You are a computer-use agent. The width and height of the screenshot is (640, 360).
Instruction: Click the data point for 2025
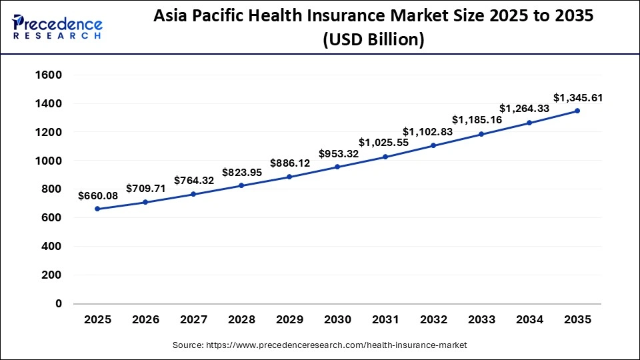pos(97,209)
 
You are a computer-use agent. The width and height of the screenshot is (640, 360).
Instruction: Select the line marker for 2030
pos(337,167)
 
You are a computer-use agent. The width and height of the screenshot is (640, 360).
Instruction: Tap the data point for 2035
pos(577,111)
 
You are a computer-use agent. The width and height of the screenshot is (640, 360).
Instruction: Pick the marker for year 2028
pos(241,185)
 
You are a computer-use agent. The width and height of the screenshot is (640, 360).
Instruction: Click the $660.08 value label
pos(97,196)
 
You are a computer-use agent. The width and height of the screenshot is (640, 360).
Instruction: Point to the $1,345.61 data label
pos(578,98)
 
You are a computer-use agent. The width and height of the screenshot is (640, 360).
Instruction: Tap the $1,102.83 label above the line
pos(427,132)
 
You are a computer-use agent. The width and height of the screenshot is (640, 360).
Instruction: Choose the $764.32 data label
pos(193,180)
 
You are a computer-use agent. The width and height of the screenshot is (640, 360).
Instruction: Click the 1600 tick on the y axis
pos(48,75)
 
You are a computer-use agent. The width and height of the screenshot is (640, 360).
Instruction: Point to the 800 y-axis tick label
pos(51,189)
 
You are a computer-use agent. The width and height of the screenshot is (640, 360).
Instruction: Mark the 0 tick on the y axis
pos(58,303)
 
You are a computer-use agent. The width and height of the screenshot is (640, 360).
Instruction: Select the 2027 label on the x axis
pos(193,320)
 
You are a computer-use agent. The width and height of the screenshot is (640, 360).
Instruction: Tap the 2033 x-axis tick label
pos(481,320)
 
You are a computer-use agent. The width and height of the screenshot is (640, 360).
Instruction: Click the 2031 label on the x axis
pos(385,320)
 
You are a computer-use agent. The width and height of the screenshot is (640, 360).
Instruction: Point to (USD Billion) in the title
pos(373,40)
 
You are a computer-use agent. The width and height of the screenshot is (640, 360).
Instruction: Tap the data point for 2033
pos(481,134)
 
